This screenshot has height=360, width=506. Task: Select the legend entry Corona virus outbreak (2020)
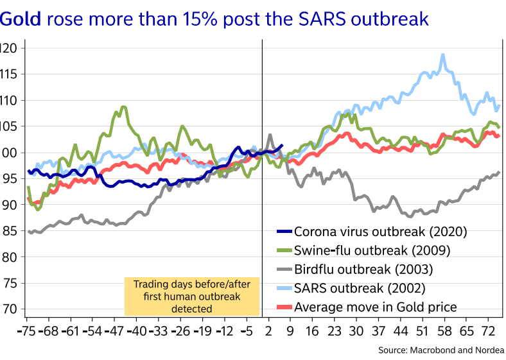tap(379, 232)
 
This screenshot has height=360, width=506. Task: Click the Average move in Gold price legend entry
tap(375, 307)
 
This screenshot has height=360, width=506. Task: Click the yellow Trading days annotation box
tap(191, 296)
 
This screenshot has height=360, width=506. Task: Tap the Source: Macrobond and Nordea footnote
tap(441, 350)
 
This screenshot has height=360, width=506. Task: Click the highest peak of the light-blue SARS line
tap(442, 55)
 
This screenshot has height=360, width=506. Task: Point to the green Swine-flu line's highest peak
tap(123, 107)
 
